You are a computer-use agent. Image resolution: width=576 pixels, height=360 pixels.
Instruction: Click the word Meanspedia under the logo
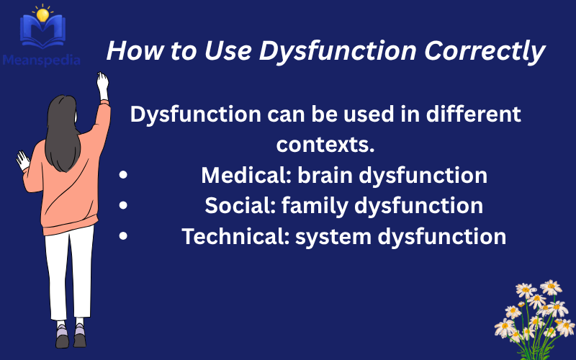point(40,59)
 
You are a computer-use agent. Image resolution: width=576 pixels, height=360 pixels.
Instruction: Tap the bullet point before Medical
point(125,176)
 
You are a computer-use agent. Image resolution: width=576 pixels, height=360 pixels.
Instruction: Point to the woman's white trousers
point(69,274)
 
